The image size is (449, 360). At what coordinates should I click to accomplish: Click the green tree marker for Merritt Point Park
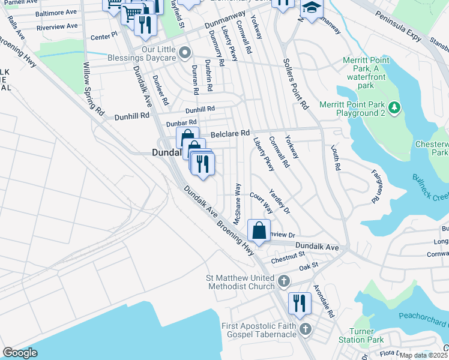(394, 107)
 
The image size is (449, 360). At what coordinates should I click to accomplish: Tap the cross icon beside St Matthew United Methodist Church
(285, 280)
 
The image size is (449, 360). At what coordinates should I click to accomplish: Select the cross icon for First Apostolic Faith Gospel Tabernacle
(306, 329)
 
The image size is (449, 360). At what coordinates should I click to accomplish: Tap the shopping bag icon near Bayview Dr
(259, 230)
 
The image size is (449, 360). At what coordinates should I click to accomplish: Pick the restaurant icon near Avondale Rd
(300, 304)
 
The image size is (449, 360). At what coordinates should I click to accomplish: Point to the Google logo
(20, 353)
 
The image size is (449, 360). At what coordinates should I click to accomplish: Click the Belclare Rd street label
(229, 133)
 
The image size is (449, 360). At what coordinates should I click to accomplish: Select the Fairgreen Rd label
(377, 185)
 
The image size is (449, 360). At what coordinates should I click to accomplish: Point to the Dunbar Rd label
(181, 123)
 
